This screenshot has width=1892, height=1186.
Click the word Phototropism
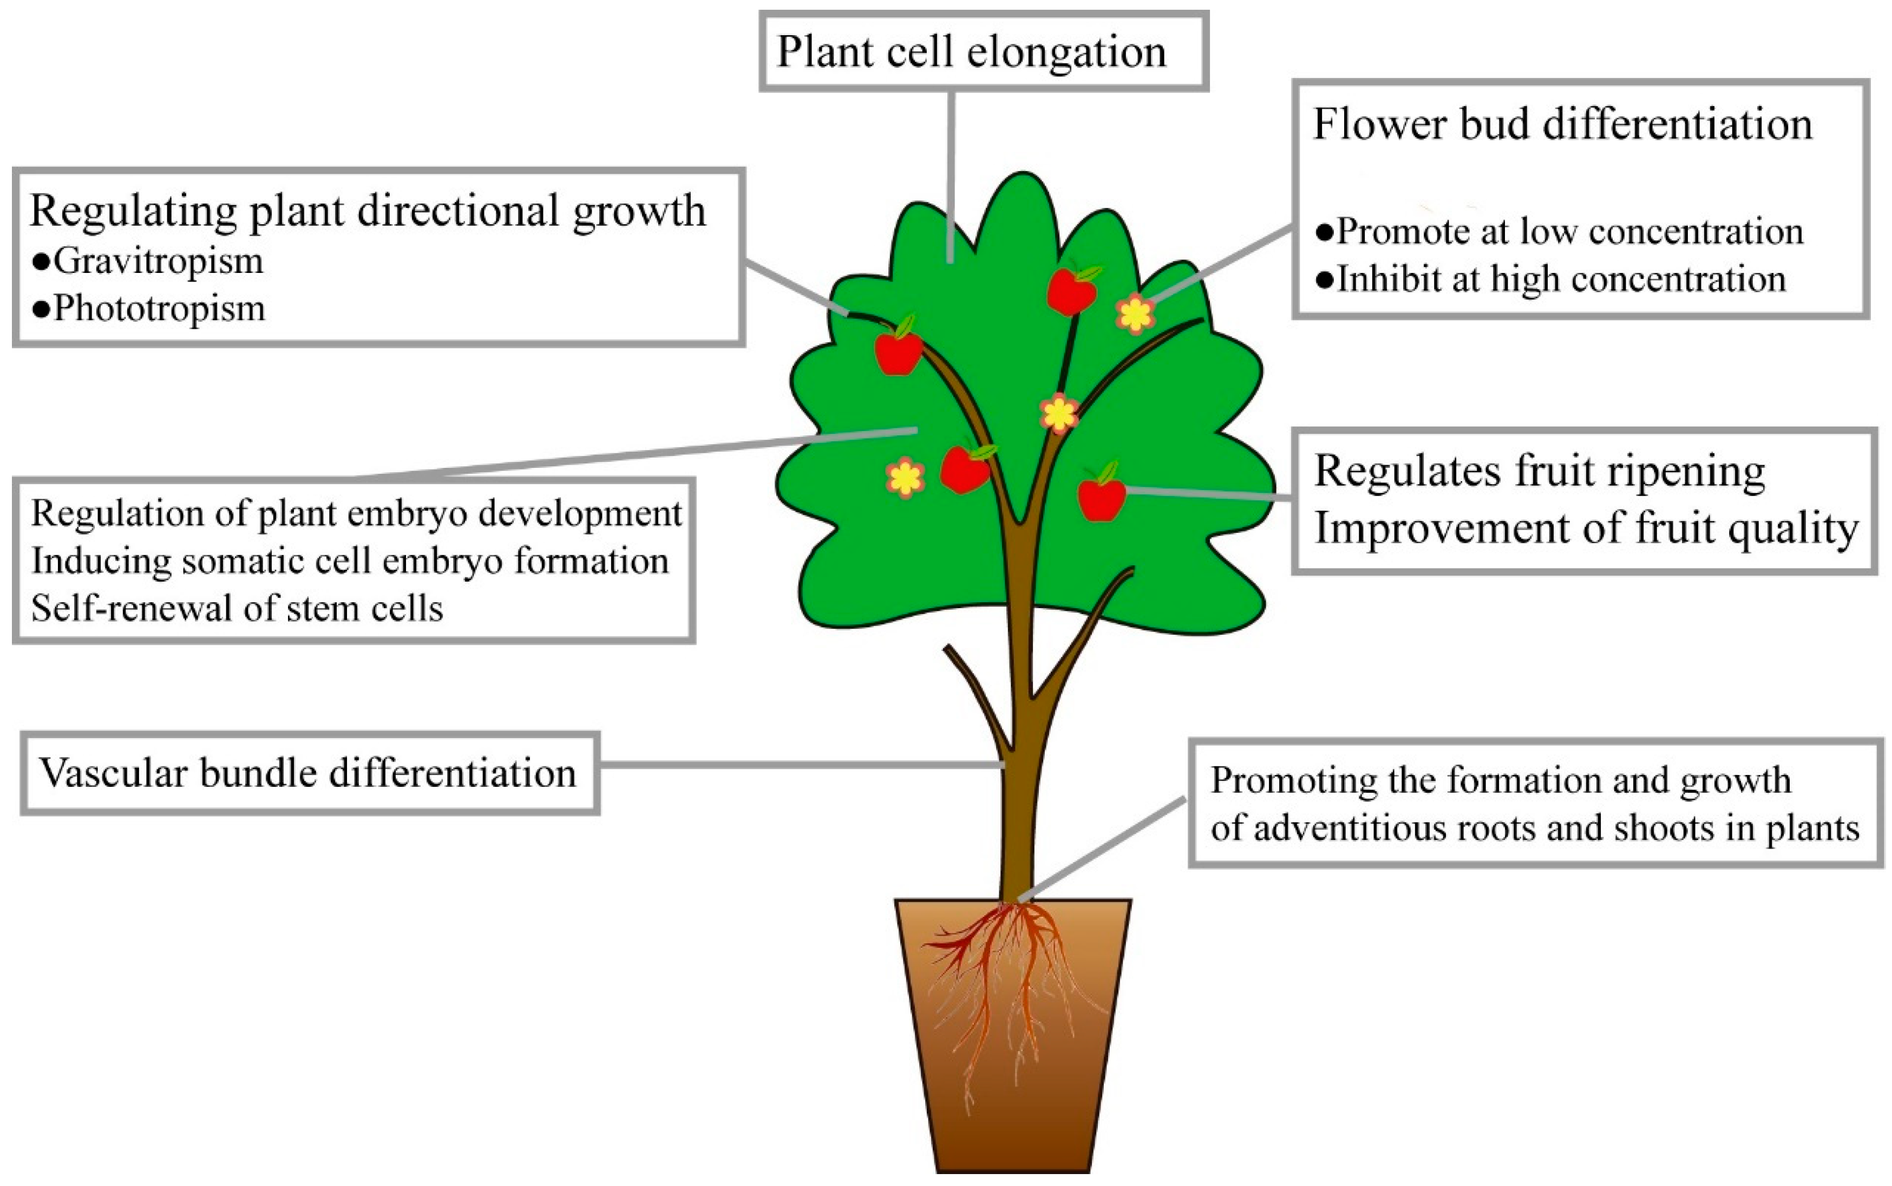159,308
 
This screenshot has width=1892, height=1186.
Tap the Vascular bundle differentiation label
308,773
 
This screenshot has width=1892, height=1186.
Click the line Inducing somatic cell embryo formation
350,562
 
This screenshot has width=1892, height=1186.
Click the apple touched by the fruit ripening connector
1101,497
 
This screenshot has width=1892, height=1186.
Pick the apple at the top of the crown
1072,290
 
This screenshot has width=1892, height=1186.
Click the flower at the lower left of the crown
906,478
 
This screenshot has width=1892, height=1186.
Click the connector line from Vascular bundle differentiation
800,765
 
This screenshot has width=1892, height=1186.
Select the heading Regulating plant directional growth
367,212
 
